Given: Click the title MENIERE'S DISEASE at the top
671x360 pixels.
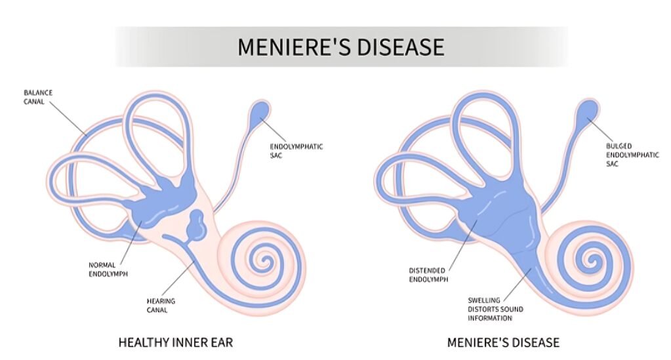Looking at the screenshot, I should (x=340, y=47).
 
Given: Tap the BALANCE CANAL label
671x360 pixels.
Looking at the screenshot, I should (x=38, y=97).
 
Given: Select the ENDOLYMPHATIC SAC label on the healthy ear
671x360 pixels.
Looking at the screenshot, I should (x=296, y=150).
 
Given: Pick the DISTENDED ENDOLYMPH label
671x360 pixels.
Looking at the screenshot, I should (x=427, y=274).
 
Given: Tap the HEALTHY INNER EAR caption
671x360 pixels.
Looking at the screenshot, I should (x=175, y=342).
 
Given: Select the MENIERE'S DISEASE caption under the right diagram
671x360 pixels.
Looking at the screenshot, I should (x=503, y=342).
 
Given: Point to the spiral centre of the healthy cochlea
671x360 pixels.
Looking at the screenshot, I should (x=266, y=262).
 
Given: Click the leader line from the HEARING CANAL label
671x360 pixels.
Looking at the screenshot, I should (x=178, y=281).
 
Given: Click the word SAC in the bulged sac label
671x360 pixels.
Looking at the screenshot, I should (x=613, y=164).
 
